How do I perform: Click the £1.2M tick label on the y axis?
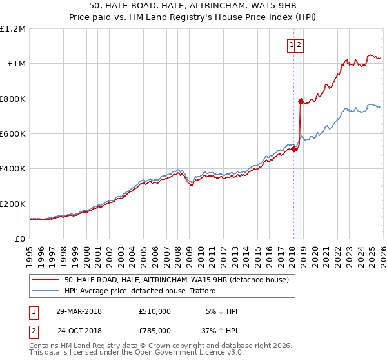12,29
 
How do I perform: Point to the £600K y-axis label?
12,134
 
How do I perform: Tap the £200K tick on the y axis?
12,204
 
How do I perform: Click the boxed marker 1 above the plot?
292,44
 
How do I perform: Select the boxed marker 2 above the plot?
300,44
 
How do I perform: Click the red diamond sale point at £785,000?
301,101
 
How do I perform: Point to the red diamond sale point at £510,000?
293,150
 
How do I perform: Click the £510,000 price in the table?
155,311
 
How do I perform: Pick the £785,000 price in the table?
155,330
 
